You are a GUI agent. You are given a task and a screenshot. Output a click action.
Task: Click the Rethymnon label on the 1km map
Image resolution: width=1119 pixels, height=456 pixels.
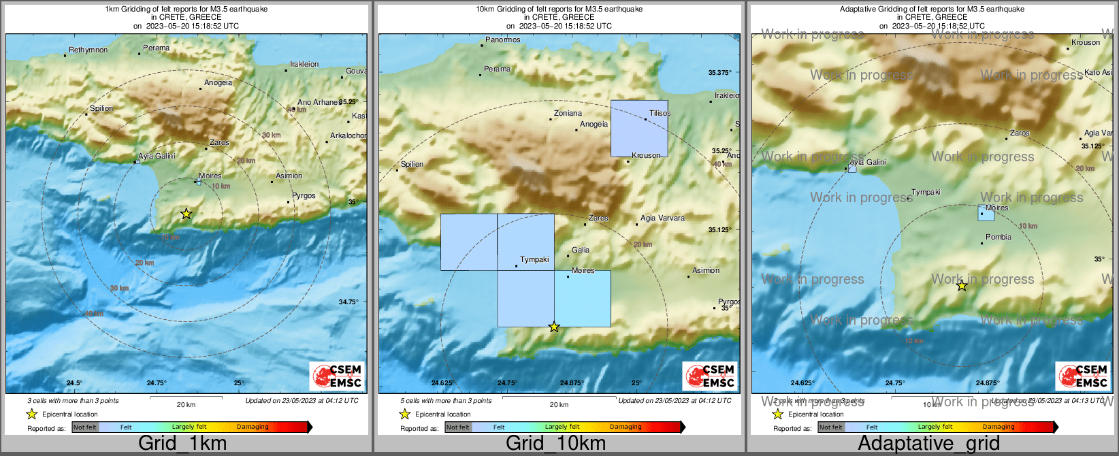pos(88,50)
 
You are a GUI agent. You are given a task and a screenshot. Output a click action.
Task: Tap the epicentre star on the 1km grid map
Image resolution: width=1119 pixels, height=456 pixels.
pos(186,214)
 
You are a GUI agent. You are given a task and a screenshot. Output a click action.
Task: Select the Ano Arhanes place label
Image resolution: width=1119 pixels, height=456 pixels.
pos(317,103)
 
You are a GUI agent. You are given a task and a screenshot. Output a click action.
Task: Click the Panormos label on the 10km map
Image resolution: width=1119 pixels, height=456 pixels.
pos(502,40)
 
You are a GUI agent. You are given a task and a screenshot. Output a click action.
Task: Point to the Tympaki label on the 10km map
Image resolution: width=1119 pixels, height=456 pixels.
pos(534,260)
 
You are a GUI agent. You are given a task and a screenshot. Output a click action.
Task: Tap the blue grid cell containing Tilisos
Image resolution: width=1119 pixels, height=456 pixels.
pos(638,129)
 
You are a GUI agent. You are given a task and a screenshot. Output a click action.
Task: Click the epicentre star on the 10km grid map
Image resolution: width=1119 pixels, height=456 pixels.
pos(554,327)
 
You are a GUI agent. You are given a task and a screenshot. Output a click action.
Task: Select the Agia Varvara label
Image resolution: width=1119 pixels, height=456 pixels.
pos(662,218)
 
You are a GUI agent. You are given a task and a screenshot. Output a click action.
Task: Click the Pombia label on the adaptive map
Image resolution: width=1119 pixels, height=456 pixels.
pos(999,238)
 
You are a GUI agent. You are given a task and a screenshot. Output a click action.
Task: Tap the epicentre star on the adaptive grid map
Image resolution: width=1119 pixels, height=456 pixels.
pos(962,287)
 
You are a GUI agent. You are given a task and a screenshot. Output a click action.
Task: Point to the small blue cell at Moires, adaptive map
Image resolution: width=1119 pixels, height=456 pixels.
pos(986,213)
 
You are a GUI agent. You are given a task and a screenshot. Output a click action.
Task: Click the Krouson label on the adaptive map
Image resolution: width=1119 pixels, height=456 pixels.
pos(1086,43)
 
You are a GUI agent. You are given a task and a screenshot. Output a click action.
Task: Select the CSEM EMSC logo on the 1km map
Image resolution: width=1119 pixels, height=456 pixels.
pos(337,376)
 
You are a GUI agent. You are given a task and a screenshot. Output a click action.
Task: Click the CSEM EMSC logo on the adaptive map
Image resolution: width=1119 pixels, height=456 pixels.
pos(1083,376)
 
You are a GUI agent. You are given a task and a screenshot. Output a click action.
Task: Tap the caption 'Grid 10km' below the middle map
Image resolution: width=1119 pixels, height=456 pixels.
pos(555,443)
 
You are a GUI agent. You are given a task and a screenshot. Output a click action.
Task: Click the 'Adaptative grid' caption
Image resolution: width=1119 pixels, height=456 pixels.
pos(928,443)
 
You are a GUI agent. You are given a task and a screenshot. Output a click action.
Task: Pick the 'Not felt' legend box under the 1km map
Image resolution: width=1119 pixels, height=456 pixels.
pos(85,427)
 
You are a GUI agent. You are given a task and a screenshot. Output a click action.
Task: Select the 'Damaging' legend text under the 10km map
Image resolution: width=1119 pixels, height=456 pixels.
pos(626,427)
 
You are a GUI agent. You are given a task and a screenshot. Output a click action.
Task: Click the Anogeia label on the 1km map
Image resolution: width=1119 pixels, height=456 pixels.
pos(218,83)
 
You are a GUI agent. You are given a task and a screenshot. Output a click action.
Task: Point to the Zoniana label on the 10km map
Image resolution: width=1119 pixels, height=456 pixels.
pos(568,114)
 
